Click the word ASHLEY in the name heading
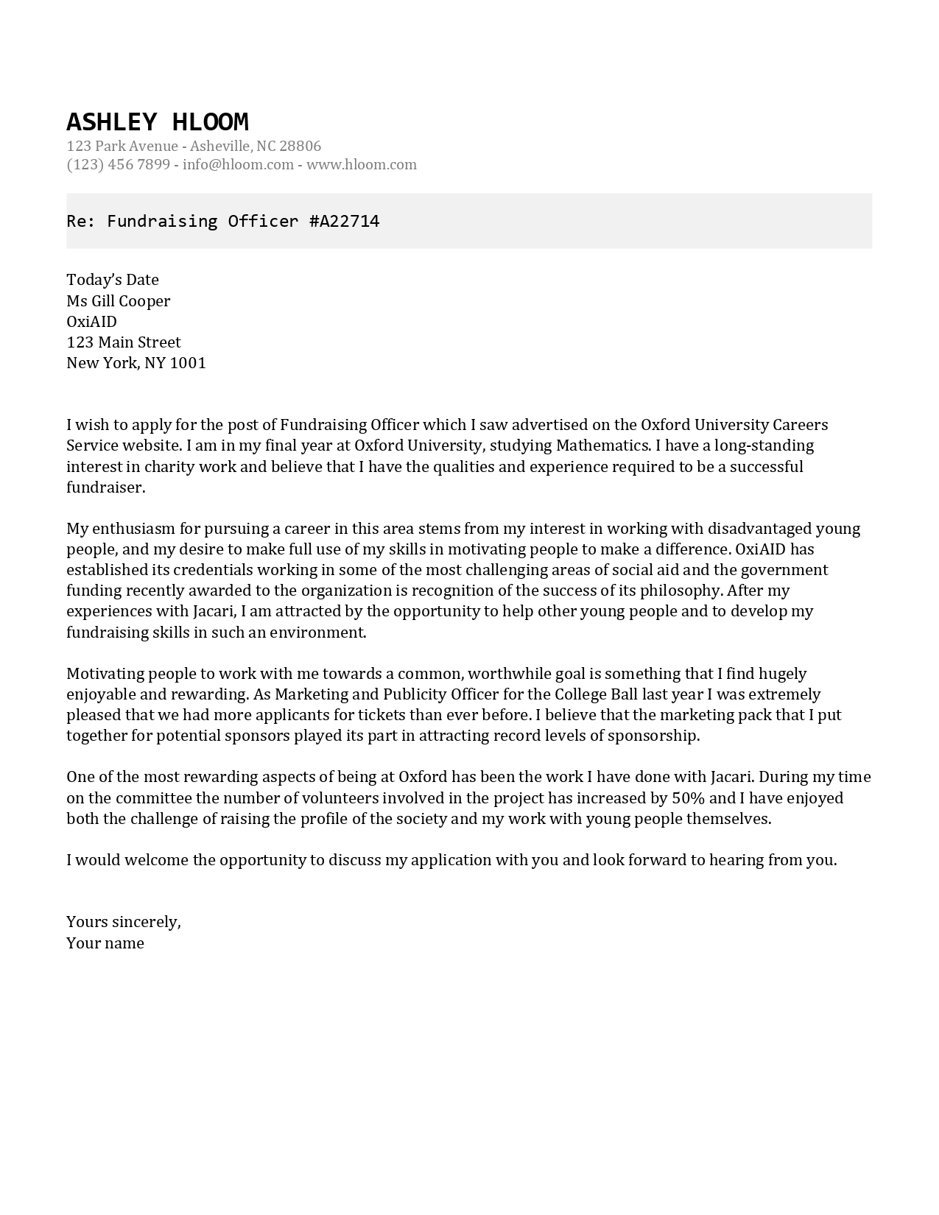(111, 121)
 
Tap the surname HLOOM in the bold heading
(210, 121)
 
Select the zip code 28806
(300, 146)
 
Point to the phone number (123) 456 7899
(118, 164)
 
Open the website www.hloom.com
(361, 164)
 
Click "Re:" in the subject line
(81, 221)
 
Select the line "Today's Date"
(113, 280)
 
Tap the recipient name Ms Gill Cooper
(118, 300)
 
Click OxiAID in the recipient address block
(91, 321)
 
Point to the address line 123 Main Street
(123, 342)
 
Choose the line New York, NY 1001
(136, 362)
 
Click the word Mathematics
(602, 445)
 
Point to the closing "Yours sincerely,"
(124, 922)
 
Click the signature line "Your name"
(105, 943)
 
